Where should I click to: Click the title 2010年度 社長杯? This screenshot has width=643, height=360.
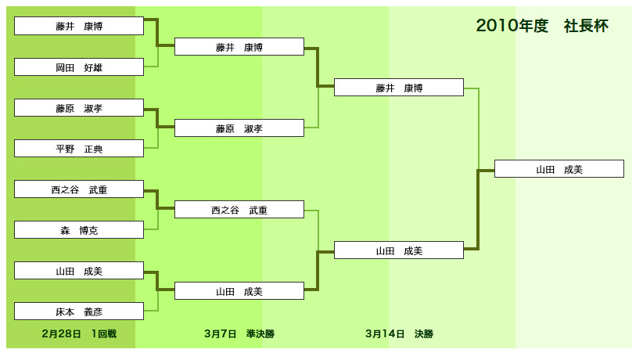point(542,26)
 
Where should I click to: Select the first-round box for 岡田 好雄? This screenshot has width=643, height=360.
point(79,67)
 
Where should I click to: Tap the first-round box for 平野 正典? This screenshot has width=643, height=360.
point(79,148)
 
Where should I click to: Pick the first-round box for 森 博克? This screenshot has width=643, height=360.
point(79,230)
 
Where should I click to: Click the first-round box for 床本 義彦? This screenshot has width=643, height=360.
point(79,311)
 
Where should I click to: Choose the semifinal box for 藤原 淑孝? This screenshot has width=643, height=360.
point(239,128)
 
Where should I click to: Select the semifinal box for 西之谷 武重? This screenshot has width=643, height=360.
point(239,210)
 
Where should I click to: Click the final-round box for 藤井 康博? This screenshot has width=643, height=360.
point(399,88)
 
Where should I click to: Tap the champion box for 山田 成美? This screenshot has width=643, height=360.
point(559,169)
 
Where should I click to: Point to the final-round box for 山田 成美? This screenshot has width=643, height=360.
point(399,250)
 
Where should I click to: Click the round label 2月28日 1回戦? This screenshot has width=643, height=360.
point(79,333)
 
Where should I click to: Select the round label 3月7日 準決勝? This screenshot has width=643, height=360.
point(239,333)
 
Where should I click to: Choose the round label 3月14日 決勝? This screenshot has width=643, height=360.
point(400,333)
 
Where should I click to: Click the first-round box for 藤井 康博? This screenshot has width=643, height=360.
point(79,26)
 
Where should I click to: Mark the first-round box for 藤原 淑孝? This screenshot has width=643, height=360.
point(79,107)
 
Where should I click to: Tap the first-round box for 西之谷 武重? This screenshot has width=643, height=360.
point(79,189)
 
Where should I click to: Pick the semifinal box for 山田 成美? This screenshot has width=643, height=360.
point(239,290)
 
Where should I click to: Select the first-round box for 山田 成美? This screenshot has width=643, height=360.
point(79,271)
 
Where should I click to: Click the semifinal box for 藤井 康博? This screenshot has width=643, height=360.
point(239,47)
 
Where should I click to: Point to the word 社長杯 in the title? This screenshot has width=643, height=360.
point(586,26)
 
